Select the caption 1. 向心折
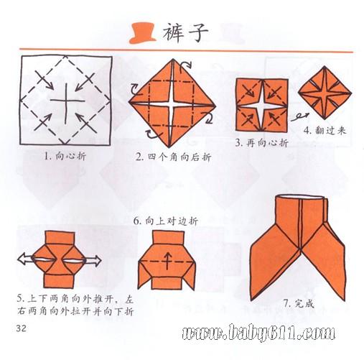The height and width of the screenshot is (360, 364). (65, 157)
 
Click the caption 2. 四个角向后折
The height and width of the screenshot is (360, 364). (174, 157)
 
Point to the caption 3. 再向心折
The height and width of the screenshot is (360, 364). (261, 143)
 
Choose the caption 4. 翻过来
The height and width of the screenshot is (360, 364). (325, 131)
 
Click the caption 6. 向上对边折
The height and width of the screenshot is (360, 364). (166, 221)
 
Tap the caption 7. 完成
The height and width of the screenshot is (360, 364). (299, 304)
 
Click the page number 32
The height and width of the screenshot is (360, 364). (22, 328)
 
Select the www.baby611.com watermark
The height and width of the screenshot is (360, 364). (258, 332)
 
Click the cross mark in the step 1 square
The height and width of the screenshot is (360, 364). (67, 102)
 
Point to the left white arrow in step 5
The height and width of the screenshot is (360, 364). (25, 260)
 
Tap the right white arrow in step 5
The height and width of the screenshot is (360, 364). (93, 261)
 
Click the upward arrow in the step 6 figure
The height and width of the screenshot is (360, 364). (167, 261)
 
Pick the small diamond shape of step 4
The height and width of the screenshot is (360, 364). (325, 93)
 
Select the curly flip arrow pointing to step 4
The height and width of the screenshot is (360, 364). (299, 117)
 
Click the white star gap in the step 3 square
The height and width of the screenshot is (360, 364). (262, 106)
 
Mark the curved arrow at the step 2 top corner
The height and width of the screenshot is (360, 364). (185, 65)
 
